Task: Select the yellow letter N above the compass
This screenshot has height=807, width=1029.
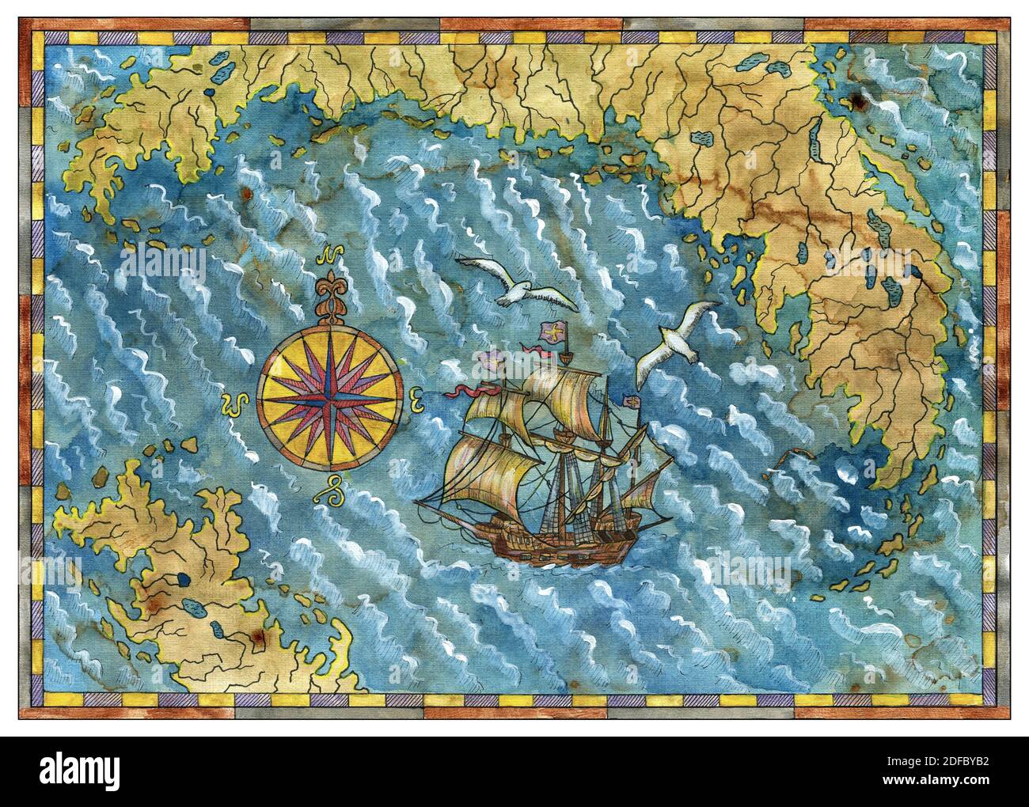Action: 328,256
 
